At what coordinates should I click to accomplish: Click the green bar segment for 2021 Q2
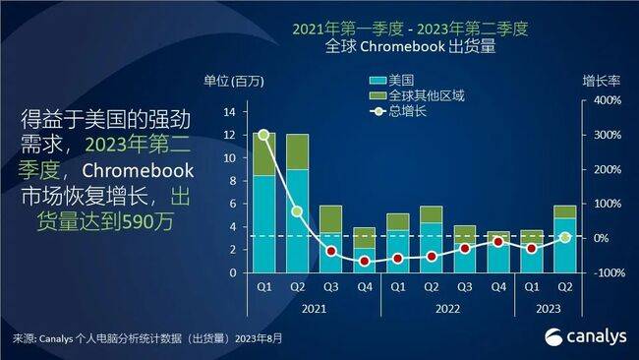297,151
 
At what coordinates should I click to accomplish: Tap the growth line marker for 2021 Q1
263,135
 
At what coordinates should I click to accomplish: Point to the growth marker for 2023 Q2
564,237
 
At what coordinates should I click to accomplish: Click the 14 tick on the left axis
229,111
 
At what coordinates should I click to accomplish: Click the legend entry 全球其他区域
423,95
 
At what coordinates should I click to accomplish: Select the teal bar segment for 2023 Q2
564,245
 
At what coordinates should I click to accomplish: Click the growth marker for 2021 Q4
364,262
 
